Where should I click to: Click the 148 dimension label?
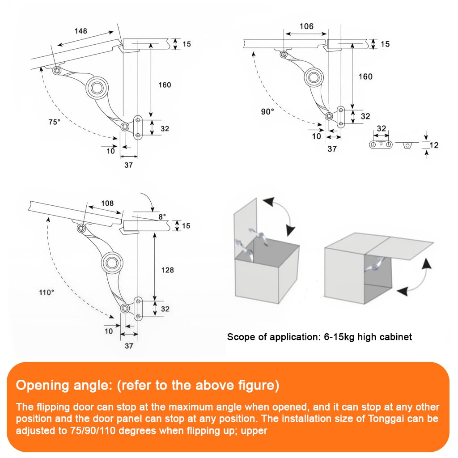(x=81, y=31)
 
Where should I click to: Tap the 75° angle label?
(x=54, y=122)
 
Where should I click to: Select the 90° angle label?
(x=267, y=112)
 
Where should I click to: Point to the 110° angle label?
(x=46, y=292)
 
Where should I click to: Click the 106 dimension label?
(x=306, y=26)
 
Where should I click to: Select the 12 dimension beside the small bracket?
(x=434, y=145)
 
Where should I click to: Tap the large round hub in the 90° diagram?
(x=314, y=77)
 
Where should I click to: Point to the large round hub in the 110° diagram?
(x=110, y=263)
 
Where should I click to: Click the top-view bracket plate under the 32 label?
(x=381, y=144)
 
